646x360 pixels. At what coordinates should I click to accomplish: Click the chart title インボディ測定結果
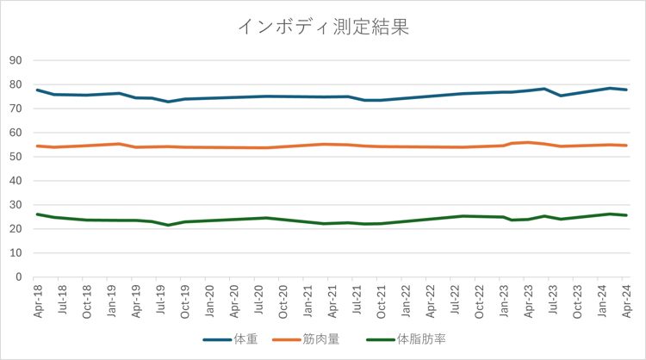(323, 27)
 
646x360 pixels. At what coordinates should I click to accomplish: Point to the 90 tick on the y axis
(16, 60)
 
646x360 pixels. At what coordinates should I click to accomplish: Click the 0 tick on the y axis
(18, 277)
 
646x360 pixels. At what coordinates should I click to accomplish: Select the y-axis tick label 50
(16, 157)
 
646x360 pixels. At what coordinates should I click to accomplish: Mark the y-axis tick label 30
(16, 205)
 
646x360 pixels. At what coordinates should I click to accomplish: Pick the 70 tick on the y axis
(16, 109)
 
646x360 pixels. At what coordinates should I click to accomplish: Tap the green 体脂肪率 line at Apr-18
(38, 214)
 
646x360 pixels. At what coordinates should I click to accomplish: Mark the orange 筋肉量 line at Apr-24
(626, 146)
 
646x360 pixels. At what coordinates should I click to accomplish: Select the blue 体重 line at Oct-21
(382, 100)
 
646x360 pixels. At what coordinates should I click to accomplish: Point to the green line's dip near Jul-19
(169, 225)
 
